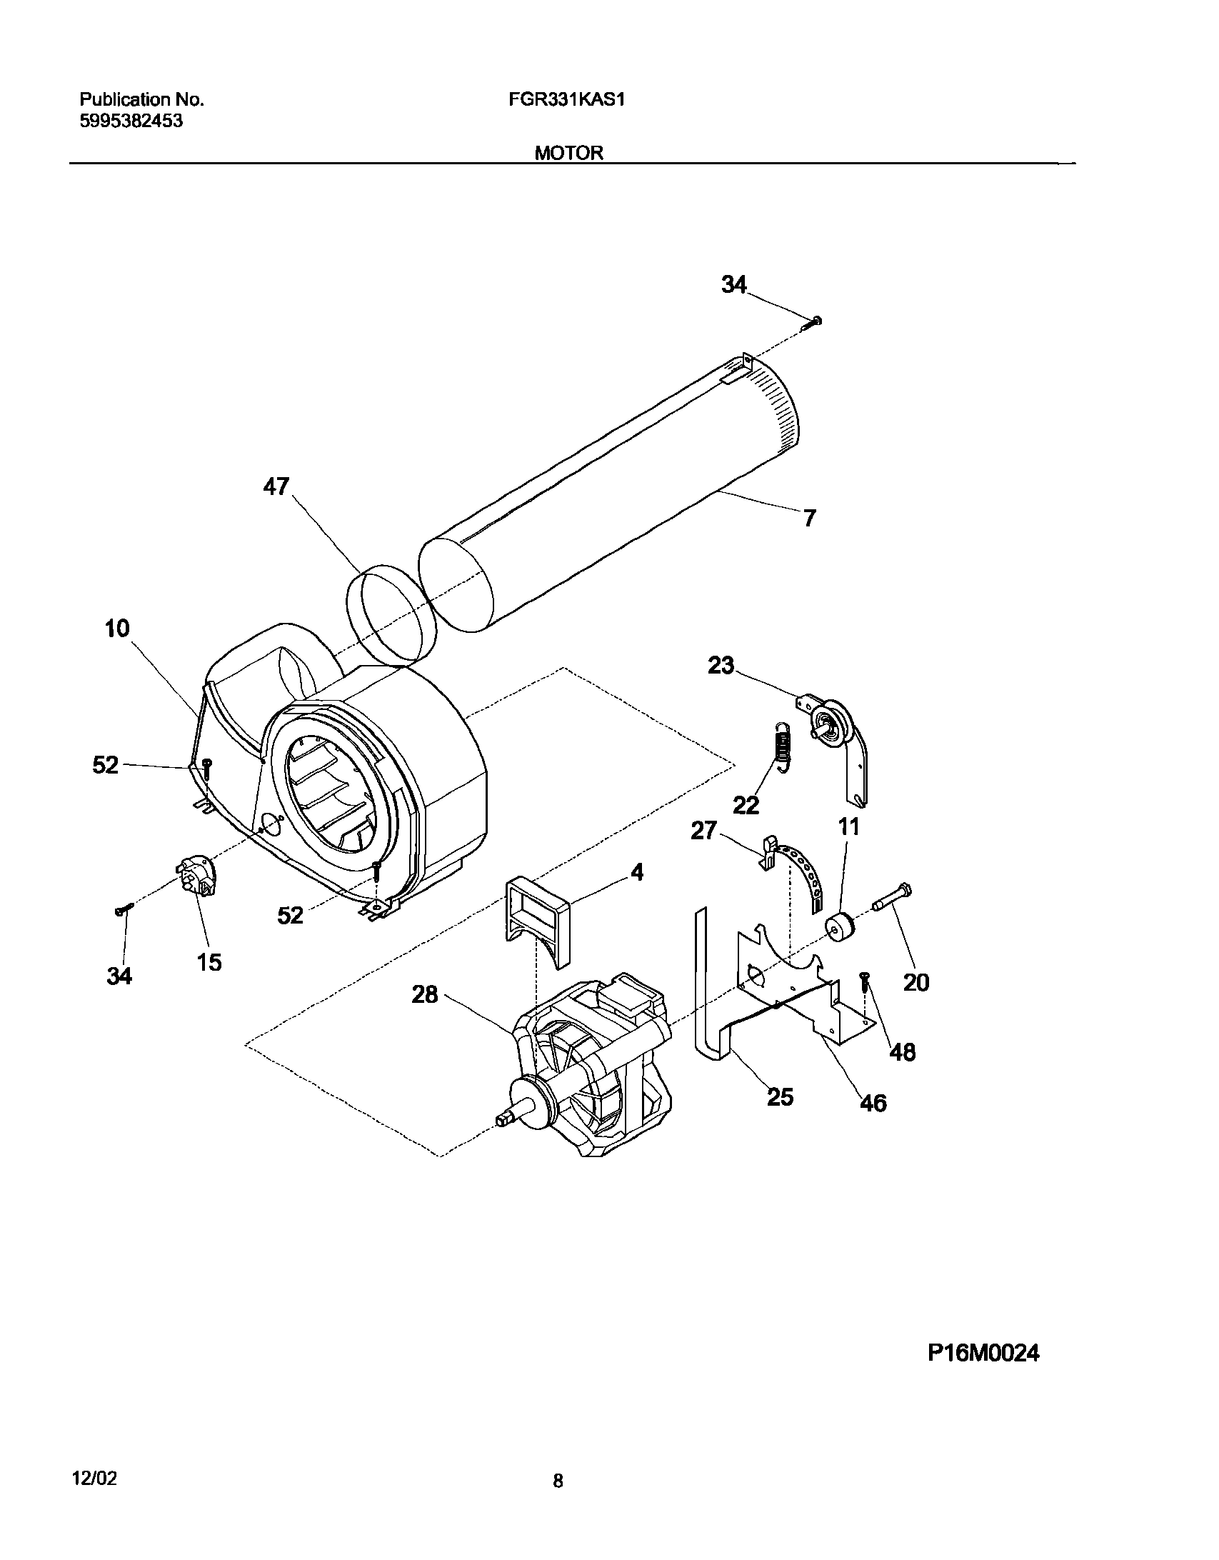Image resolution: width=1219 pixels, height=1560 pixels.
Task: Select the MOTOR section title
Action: pos(569,153)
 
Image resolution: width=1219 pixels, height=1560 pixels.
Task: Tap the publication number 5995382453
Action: pos(131,121)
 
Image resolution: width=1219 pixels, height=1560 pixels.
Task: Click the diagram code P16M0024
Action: pos(983,1353)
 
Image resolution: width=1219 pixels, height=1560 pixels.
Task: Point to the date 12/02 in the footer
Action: pos(94,1474)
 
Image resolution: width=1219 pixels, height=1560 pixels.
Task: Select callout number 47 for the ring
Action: pos(276,486)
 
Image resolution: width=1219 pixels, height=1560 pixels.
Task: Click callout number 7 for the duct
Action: pos(808,518)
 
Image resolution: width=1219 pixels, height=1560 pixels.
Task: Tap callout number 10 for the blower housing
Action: pos(117,629)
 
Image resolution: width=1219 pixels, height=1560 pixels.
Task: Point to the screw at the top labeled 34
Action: pos(811,323)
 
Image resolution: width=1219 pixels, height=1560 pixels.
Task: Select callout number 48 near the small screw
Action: pos(903,1051)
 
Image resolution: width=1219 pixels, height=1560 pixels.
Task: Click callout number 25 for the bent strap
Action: pos(780,1096)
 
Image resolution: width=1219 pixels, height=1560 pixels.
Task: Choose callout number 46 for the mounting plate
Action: pos(873,1103)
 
